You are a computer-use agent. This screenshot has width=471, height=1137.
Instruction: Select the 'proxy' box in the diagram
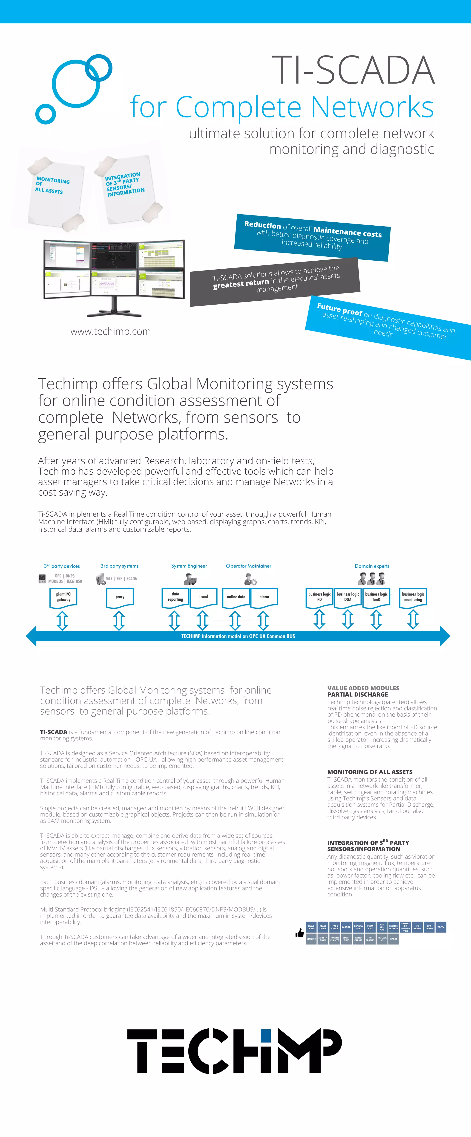(120, 597)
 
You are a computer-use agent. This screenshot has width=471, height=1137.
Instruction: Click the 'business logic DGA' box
(348, 597)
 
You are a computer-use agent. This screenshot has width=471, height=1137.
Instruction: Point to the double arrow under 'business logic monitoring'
(413, 619)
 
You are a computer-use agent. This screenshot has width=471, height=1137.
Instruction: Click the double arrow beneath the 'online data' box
(235, 620)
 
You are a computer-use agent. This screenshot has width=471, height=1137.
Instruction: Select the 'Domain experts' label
(372, 566)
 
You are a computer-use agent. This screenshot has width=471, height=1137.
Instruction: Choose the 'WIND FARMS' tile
(358, 939)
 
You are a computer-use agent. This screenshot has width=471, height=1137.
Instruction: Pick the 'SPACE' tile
(393, 939)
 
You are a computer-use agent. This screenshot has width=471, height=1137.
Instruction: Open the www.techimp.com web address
(111, 332)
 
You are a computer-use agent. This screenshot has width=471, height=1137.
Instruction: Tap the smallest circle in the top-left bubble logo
(46, 114)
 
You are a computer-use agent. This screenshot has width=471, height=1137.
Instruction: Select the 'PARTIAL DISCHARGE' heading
(358, 694)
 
